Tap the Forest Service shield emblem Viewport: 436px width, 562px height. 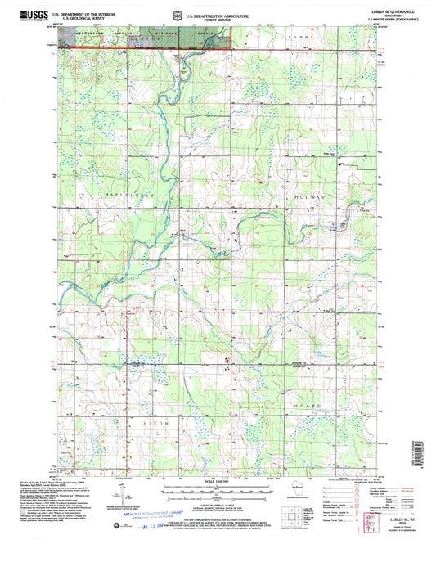[178, 16]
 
